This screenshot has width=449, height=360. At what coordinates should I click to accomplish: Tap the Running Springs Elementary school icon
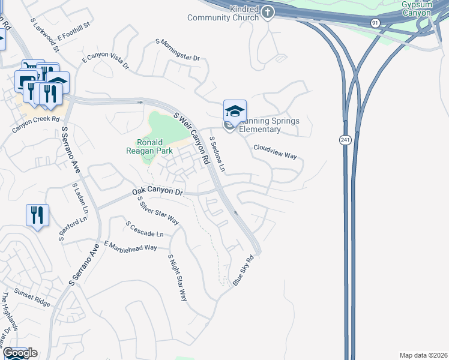pyautogui.click(x=235, y=111)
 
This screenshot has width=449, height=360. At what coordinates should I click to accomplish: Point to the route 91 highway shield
pyautogui.click(x=375, y=22)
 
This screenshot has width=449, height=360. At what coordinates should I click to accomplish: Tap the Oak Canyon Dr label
pyautogui.click(x=157, y=191)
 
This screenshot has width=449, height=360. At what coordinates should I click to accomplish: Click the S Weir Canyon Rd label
pyautogui.click(x=191, y=138)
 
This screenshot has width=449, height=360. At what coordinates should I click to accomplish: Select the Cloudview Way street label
pyautogui.click(x=275, y=151)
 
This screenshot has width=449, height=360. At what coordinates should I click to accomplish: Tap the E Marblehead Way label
pyautogui.click(x=130, y=245)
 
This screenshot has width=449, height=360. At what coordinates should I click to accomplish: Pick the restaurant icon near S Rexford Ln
pyautogui.click(x=37, y=214)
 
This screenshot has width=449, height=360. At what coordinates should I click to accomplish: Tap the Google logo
pyautogui.click(x=20, y=353)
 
